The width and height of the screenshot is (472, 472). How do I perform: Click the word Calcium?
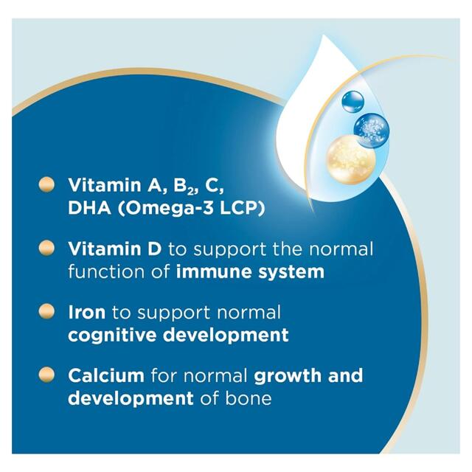106,375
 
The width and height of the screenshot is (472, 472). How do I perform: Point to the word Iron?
86,312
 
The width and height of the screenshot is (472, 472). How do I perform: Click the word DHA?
86,209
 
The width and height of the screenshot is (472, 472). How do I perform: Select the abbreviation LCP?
237,209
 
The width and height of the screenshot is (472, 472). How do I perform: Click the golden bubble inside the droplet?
351,157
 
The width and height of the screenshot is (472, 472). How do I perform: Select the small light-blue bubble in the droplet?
353,101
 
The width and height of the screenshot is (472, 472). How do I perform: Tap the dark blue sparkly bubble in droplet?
371,128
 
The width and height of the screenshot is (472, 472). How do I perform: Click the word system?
288,271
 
